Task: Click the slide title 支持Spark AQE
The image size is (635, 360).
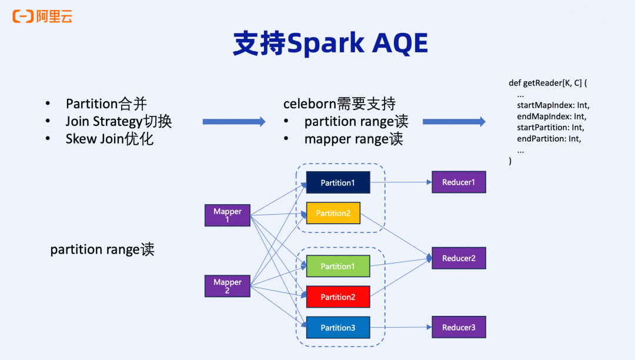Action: click(330, 44)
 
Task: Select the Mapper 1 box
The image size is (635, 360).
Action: click(228, 215)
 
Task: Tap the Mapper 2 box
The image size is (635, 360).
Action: click(228, 286)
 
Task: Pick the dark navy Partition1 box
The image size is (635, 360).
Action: click(338, 182)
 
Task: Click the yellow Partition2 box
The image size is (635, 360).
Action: click(333, 213)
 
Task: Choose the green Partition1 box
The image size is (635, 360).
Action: click(338, 266)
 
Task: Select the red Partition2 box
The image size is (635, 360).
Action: click(338, 297)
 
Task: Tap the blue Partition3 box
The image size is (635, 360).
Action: click(338, 328)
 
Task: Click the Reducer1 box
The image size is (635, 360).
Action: click(459, 182)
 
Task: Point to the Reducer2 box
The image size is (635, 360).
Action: click(459, 258)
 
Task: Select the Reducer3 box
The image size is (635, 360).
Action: click(459, 327)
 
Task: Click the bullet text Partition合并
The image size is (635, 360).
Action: click(106, 104)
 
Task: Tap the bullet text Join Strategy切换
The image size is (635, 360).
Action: click(118, 122)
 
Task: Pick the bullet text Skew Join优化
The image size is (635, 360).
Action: click(109, 139)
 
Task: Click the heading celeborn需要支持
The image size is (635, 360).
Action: click(339, 104)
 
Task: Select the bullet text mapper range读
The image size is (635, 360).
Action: click(353, 139)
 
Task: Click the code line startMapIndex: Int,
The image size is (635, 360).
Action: click(553, 105)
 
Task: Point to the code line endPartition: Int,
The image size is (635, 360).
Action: click(549, 139)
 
